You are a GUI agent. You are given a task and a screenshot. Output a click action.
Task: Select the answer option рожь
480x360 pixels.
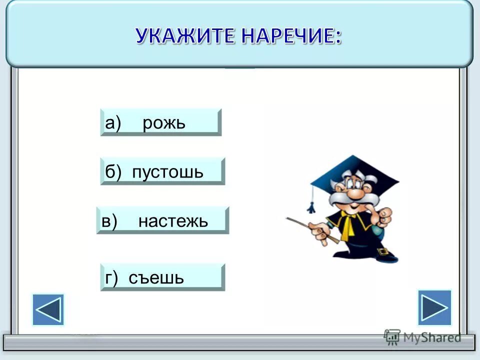(164, 123)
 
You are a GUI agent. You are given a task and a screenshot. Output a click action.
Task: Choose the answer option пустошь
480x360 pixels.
(168, 172)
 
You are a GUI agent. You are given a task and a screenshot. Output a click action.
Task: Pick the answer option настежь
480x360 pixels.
(173, 221)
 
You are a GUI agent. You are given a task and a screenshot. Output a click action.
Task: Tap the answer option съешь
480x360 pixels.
(156, 277)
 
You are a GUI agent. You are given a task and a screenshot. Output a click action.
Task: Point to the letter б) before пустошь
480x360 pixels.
(113, 172)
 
